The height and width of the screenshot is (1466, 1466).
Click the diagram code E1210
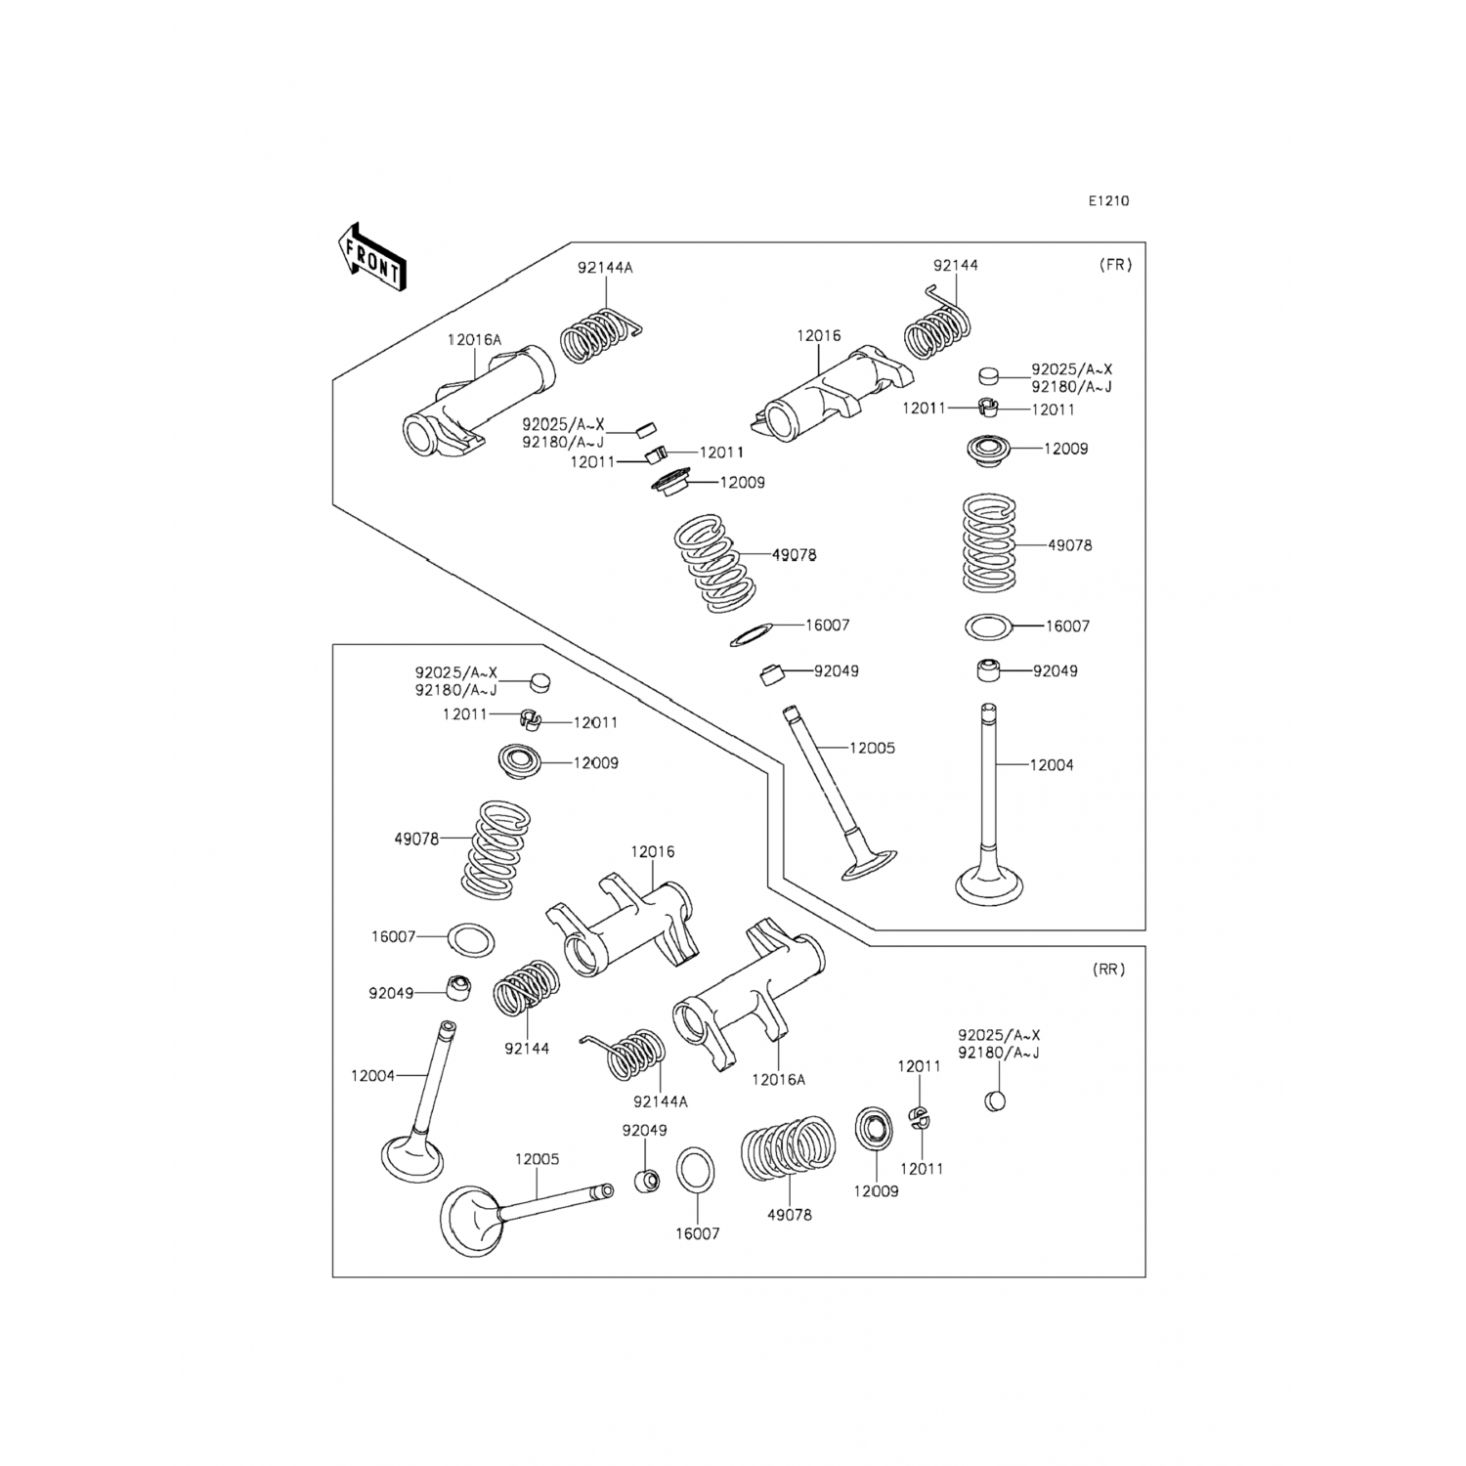(x=1108, y=201)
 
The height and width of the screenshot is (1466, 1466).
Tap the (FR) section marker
(x=1115, y=265)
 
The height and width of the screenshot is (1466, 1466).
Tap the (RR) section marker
(x=1108, y=970)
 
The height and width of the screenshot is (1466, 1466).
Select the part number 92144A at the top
(x=604, y=268)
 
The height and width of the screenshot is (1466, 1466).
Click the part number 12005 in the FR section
(x=872, y=749)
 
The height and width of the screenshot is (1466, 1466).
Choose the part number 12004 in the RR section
(x=372, y=1076)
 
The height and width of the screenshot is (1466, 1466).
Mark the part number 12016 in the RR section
(x=652, y=852)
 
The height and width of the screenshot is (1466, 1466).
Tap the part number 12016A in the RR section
(x=779, y=1080)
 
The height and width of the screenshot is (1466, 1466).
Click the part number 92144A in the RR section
(x=661, y=1101)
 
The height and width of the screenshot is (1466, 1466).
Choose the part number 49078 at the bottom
(x=789, y=1215)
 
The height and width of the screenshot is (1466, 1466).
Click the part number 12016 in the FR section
(x=818, y=336)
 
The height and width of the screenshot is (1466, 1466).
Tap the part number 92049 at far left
(x=391, y=994)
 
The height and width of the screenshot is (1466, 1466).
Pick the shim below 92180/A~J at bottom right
(x=995, y=1101)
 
